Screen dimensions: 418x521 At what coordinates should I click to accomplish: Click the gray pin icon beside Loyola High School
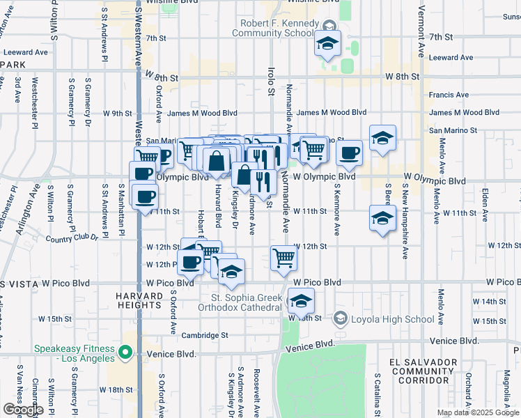pyautogui.click(x=341, y=319)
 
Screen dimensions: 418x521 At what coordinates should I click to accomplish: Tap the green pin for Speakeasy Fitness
pyautogui.click(x=125, y=353)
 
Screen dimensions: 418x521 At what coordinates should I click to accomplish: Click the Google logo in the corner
pyautogui.click(x=23, y=410)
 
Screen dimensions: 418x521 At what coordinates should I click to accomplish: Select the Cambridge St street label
pyautogui.click(x=205, y=335)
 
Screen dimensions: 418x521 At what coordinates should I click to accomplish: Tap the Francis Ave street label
pyautogui.click(x=449, y=95)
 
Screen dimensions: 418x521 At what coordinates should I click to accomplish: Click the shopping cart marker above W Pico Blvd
pyautogui.click(x=284, y=258)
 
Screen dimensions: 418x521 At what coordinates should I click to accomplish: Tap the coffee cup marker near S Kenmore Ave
pyautogui.click(x=350, y=153)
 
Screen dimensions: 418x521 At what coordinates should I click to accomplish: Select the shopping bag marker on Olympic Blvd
pyautogui.click(x=217, y=160)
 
